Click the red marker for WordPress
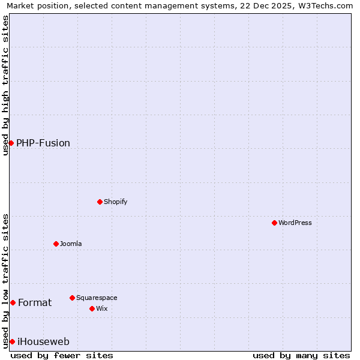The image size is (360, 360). coord(274,223)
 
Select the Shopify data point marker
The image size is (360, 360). coord(100,202)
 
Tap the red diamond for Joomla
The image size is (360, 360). coord(56,244)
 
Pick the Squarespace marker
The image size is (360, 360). coord(72,298)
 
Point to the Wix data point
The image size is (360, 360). coord(92,308)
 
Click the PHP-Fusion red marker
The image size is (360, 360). coord(11,143)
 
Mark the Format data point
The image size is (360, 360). coord(13,302)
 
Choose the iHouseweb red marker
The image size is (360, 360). coord(12,341)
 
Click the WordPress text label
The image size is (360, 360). coord(295,223)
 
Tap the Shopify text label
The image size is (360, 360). coord(116,202)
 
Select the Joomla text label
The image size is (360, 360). coord(71,244)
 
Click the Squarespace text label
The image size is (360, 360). coord(97,298)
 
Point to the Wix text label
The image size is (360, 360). coord(101,308)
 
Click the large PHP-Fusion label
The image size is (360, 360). coord(43,143)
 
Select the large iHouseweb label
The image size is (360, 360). coord(44,341)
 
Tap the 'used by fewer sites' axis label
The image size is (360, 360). coord(62,355)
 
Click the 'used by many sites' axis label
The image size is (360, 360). coord(301,355)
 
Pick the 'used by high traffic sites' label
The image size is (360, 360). coord(5,85)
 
